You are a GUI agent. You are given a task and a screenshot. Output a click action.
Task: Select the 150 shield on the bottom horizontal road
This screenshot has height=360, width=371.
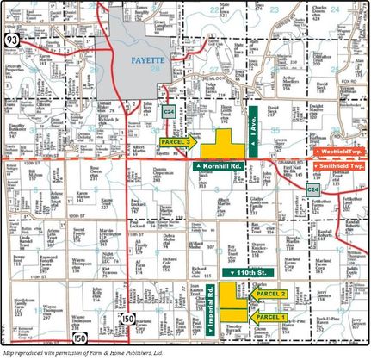(79, 338)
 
